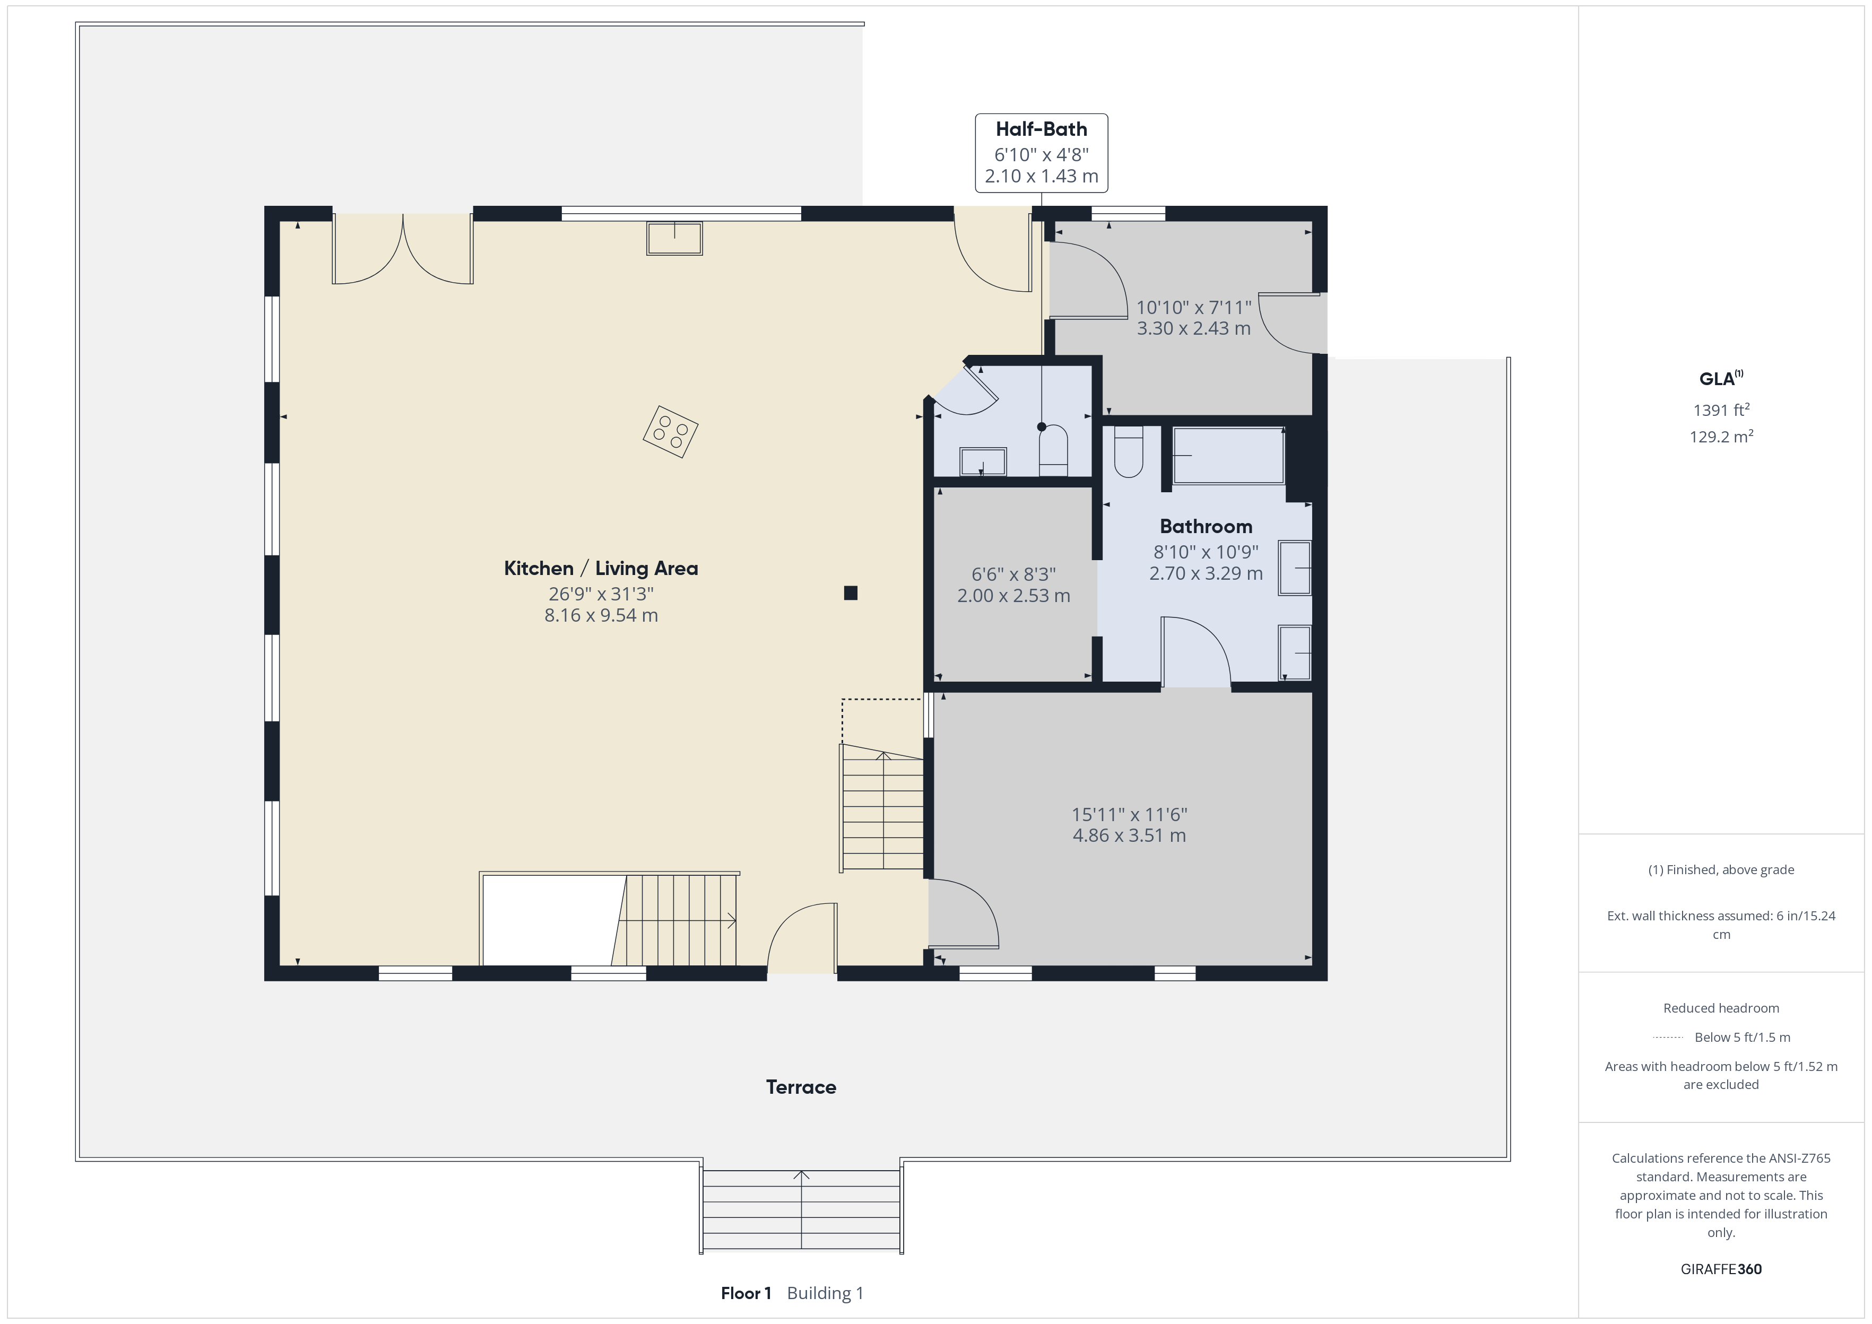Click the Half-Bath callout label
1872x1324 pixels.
[x=1041, y=153]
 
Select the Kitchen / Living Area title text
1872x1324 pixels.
[x=601, y=568]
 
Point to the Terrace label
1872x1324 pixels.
[x=801, y=1087]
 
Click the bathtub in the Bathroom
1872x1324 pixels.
[x=1228, y=456]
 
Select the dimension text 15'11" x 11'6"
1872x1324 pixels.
[x=1129, y=814]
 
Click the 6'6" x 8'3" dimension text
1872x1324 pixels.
[x=1013, y=575]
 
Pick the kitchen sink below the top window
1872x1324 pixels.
[x=674, y=238]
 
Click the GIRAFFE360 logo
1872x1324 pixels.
[x=1721, y=1269]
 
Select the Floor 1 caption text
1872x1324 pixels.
[x=746, y=1293]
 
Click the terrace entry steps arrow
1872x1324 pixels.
[x=801, y=1210]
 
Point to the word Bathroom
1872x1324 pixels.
[x=1206, y=527]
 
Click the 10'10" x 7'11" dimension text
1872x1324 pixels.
[x=1194, y=307]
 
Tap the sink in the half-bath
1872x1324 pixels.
[x=983, y=461]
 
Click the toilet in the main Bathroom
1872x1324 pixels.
[x=1129, y=451]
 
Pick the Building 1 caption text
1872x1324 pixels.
[x=825, y=1293]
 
